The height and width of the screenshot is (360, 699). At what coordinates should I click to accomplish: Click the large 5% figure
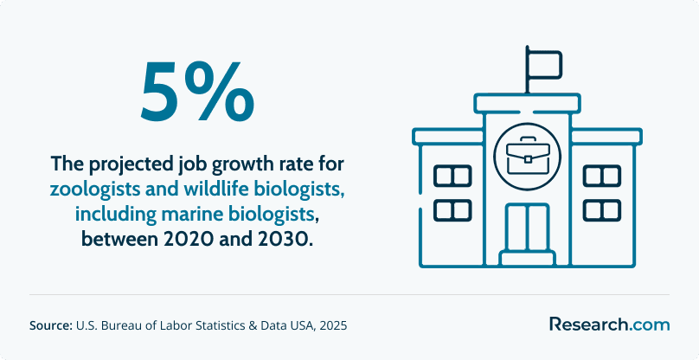click(x=197, y=93)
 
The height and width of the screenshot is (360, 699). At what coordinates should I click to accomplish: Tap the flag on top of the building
click(x=543, y=64)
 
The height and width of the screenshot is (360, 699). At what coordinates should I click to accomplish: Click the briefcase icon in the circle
click(x=528, y=155)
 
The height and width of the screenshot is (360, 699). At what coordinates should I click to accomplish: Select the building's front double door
click(x=528, y=227)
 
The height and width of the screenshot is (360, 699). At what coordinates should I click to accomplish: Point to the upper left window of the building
click(x=452, y=176)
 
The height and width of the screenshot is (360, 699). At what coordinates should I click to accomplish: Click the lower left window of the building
click(x=452, y=210)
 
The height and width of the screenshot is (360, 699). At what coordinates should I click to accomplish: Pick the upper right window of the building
click(x=602, y=176)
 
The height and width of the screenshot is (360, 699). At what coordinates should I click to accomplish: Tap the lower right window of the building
click(x=602, y=210)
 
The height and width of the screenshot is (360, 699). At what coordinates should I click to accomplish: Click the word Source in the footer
click(x=51, y=325)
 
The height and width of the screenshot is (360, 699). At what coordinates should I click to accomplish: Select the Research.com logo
click(x=609, y=325)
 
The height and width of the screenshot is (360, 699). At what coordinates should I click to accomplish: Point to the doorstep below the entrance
click(x=528, y=259)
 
